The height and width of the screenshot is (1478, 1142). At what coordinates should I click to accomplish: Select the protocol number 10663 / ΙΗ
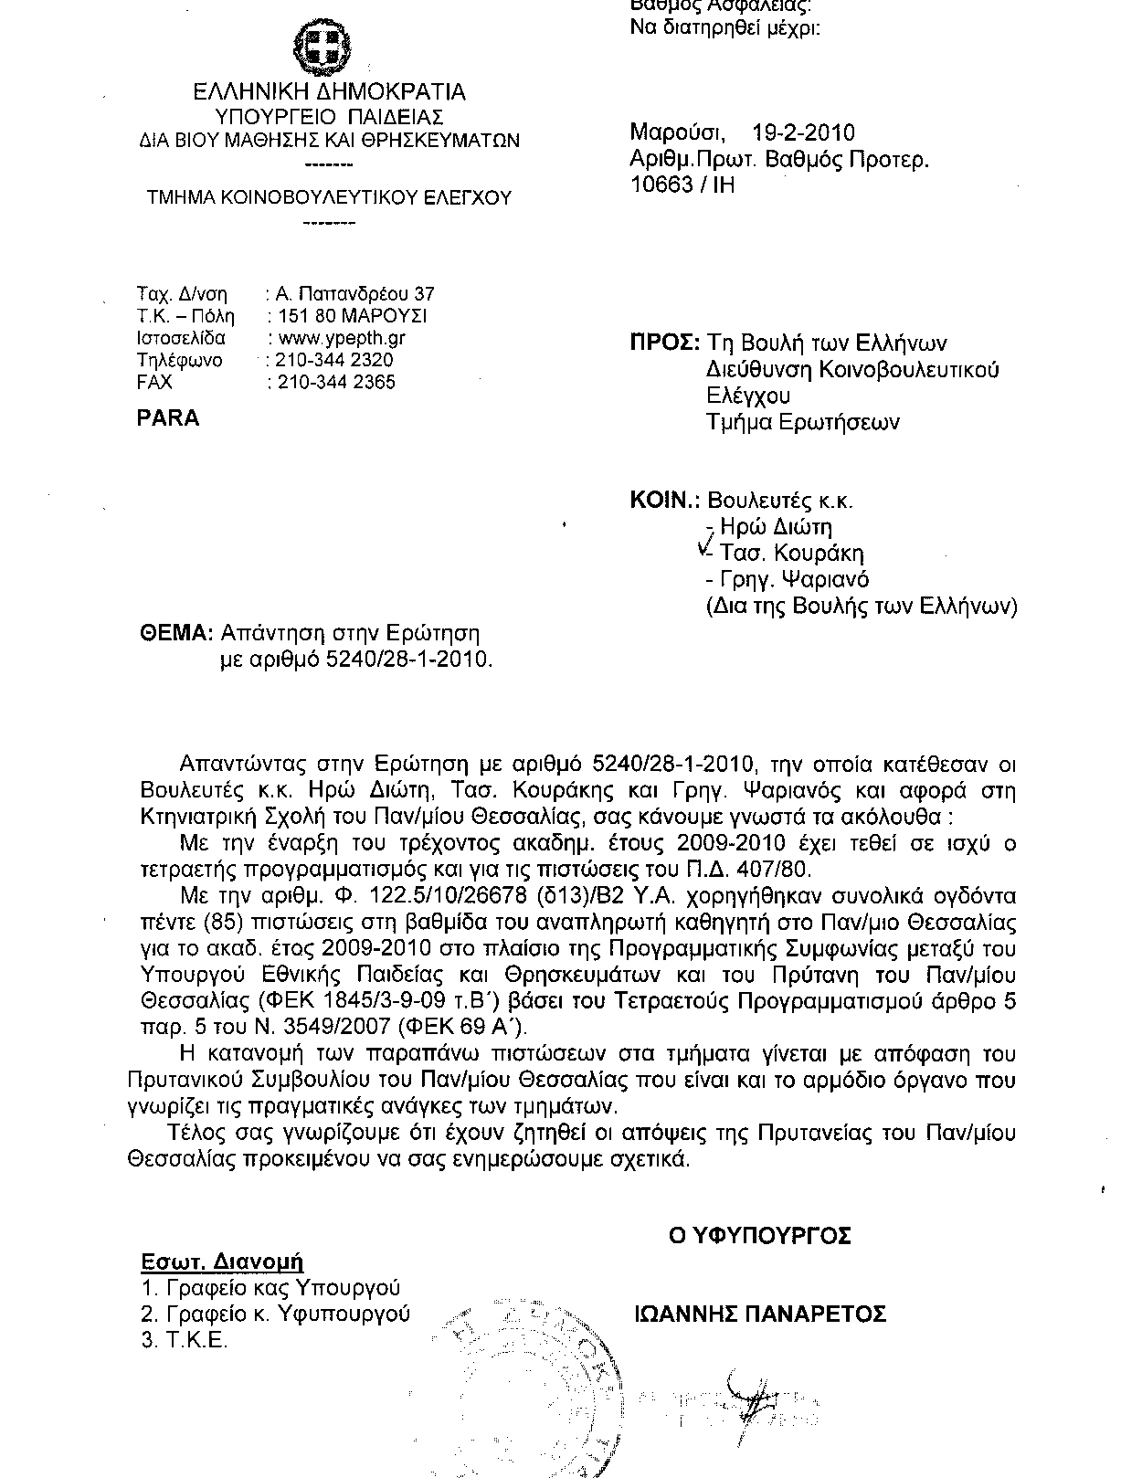682,185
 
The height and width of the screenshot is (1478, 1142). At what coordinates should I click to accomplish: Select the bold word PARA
167,417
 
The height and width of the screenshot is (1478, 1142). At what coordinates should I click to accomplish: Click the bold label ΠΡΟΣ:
664,343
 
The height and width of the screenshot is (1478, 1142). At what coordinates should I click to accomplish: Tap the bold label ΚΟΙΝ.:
665,501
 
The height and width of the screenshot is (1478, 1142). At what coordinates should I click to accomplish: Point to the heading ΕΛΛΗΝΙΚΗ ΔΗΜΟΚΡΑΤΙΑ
329,92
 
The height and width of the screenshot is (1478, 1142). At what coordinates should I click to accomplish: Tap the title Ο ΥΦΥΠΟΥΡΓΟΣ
759,1236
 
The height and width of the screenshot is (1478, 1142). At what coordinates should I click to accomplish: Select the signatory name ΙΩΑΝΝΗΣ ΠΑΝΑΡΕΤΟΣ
759,1314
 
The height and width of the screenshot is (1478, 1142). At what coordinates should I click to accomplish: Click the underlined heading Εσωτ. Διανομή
222,1262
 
